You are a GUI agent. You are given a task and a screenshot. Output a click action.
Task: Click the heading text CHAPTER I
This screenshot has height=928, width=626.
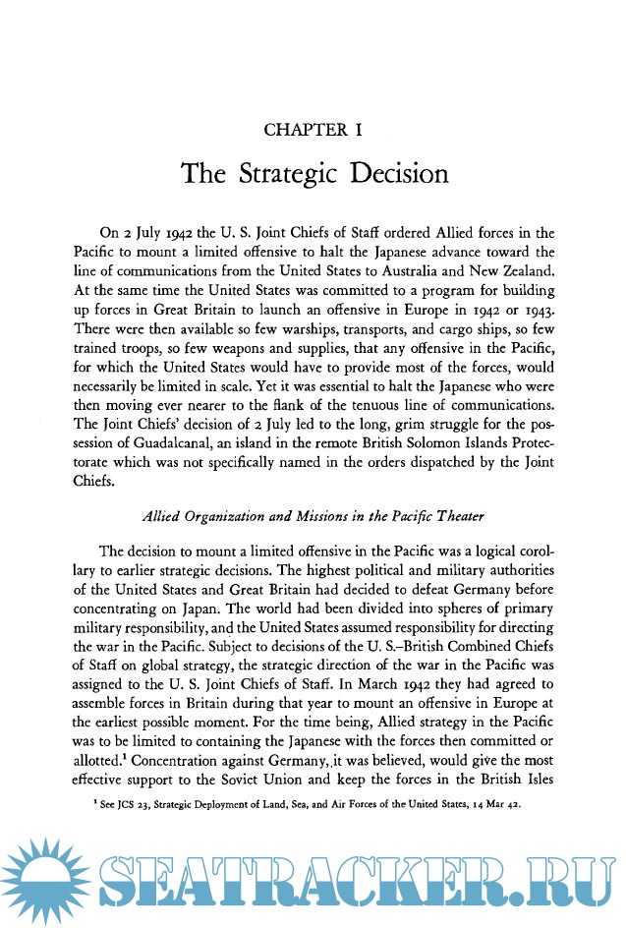pyautogui.click(x=314, y=130)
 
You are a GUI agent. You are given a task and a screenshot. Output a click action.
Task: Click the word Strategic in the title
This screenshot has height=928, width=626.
pyautogui.click(x=290, y=174)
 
